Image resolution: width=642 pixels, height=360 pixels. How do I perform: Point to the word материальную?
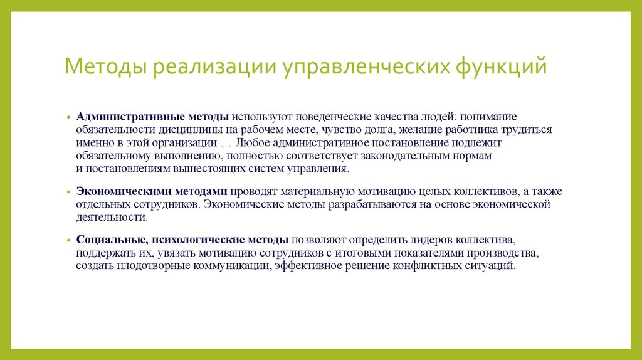(x=320, y=191)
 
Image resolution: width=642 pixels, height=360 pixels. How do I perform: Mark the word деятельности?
(x=111, y=218)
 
